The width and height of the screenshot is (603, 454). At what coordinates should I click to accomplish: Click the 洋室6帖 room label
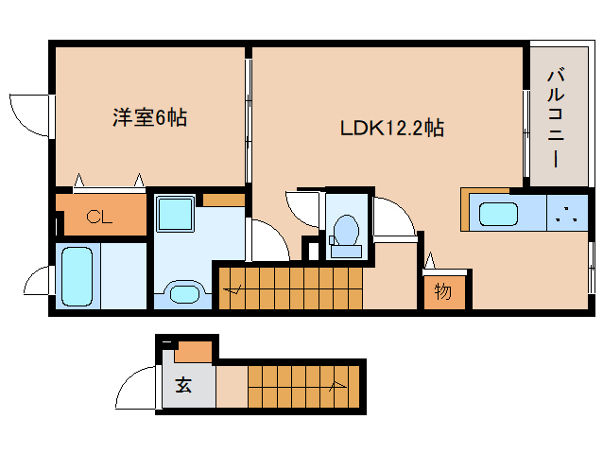click(x=149, y=118)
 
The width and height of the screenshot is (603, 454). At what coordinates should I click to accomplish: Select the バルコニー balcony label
click(x=556, y=117)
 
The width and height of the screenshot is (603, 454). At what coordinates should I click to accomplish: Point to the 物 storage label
click(x=443, y=291)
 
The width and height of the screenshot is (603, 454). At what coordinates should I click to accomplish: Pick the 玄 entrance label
click(x=183, y=387)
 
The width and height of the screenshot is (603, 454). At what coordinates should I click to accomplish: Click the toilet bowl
click(x=345, y=232)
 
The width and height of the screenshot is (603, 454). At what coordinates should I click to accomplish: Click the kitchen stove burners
click(x=567, y=212)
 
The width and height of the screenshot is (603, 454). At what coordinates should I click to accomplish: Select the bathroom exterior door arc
click(x=40, y=285)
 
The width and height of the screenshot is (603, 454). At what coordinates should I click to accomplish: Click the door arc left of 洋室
click(x=27, y=113)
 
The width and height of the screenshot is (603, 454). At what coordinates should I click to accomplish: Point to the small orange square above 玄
click(x=194, y=352)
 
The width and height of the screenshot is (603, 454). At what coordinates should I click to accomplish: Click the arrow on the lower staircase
click(x=335, y=385)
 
